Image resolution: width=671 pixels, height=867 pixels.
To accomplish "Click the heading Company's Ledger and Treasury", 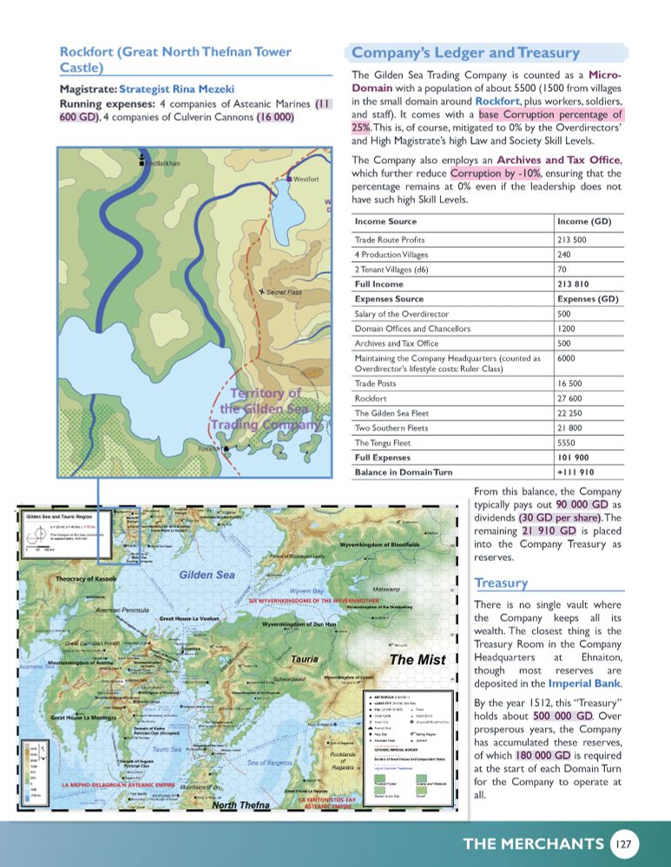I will tap(465, 52).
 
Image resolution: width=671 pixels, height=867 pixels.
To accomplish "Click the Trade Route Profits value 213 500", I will tap(574, 239).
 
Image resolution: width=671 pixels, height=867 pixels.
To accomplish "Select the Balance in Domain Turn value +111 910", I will tap(576, 473).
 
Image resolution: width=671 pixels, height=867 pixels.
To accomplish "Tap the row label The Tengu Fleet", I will tap(385, 442).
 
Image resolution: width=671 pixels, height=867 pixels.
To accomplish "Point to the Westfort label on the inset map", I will tap(308, 179).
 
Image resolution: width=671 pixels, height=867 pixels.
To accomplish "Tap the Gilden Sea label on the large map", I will tap(208, 575).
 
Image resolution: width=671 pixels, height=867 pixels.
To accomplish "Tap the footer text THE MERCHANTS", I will tap(533, 844).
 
